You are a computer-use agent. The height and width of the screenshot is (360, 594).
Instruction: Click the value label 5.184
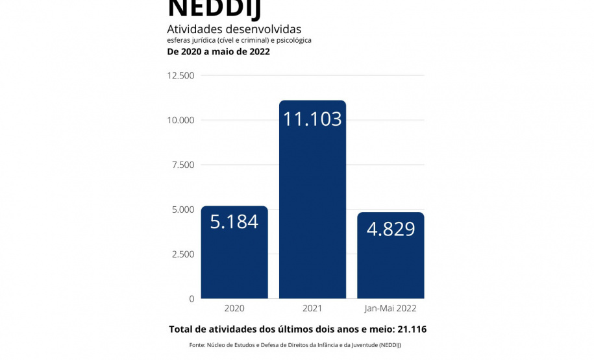click(234, 222)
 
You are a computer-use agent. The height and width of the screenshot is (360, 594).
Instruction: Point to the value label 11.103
click(312, 119)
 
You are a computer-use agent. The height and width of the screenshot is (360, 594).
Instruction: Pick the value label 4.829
click(391, 229)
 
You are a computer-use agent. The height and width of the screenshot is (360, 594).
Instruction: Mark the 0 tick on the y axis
click(191, 299)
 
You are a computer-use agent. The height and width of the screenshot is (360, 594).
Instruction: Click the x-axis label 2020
click(234, 309)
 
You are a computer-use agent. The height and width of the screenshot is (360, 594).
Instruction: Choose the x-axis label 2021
click(312, 309)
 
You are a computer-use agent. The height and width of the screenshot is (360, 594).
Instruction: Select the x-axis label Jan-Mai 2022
click(391, 309)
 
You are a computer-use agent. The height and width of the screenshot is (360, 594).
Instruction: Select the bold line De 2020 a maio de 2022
click(218, 52)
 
